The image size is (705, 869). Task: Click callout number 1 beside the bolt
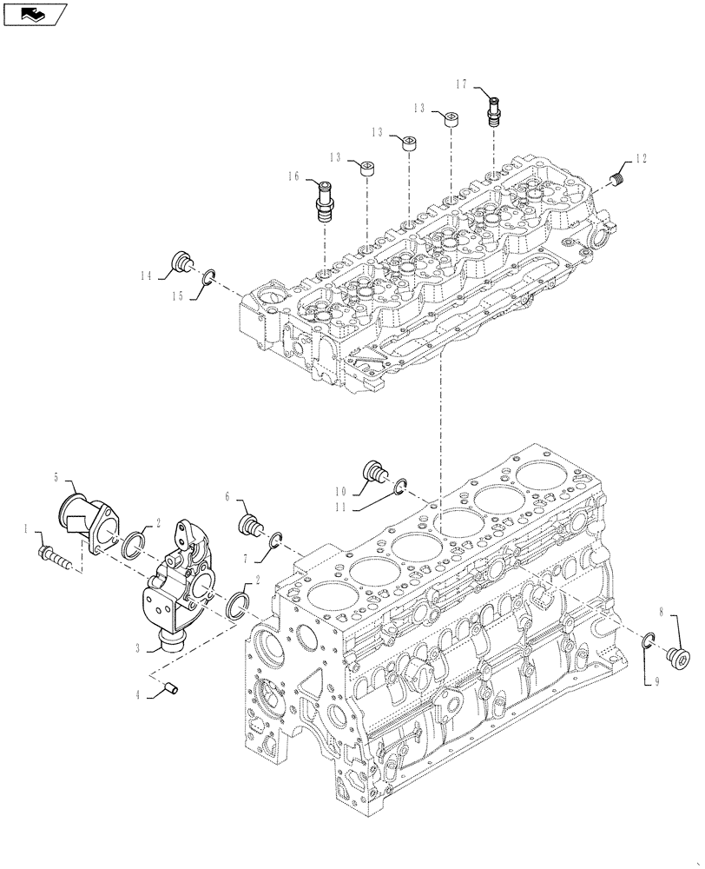tap(27, 528)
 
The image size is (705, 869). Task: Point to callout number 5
tap(56, 477)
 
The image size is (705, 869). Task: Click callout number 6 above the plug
tap(227, 496)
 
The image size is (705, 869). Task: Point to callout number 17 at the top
tap(461, 84)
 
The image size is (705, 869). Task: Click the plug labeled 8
tap(678, 657)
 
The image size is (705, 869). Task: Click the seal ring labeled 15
tap(209, 278)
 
